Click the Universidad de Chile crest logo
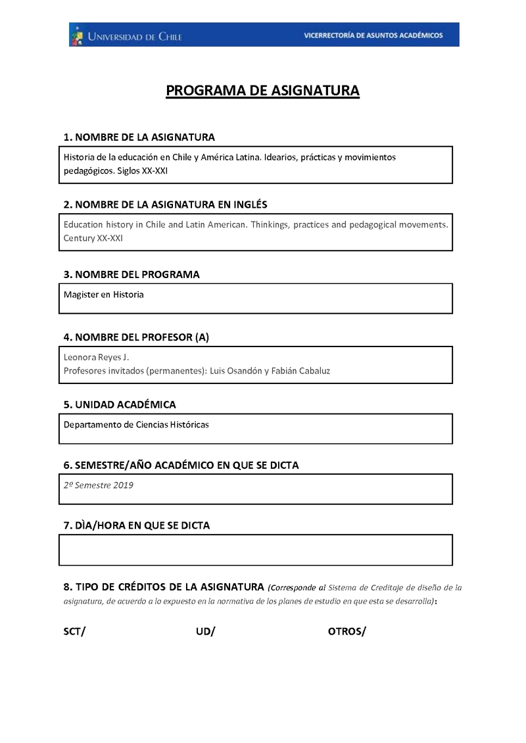click(x=78, y=36)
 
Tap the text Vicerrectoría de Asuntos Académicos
click(x=373, y=36)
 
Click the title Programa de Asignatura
click(x=262, y=91)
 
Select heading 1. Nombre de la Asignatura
click(x=139, y=137)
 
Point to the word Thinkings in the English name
click(x=270, y=225)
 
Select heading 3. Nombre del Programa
click(x=131, y=274)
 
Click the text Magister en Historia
click(x=103, y=295)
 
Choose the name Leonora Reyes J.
click(x=96, y=357)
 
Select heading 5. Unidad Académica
click(x=120, y=404)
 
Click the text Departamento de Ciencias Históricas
click(x=136, y=425)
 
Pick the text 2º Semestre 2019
click(x=99, y=485)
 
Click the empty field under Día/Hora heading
click(x=256, y=550)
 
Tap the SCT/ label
click(x=74, y=632)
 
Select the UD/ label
click(x=205, y=632)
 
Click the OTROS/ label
click(x=347, y=632)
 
